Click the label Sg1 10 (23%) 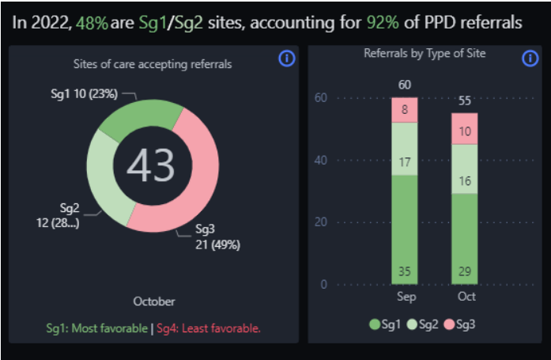[x=83, y=93]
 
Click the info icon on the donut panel [x=287, y=59]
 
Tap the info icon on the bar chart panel [x=530, y=59]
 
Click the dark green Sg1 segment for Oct [x=464, y=238]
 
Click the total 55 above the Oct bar [x=464, y=100]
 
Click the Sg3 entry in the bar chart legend [x=462, y=325]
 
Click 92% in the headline [x=383, y=22]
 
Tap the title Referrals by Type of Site [x=425, y=54]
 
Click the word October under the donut [x=153, y=301]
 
